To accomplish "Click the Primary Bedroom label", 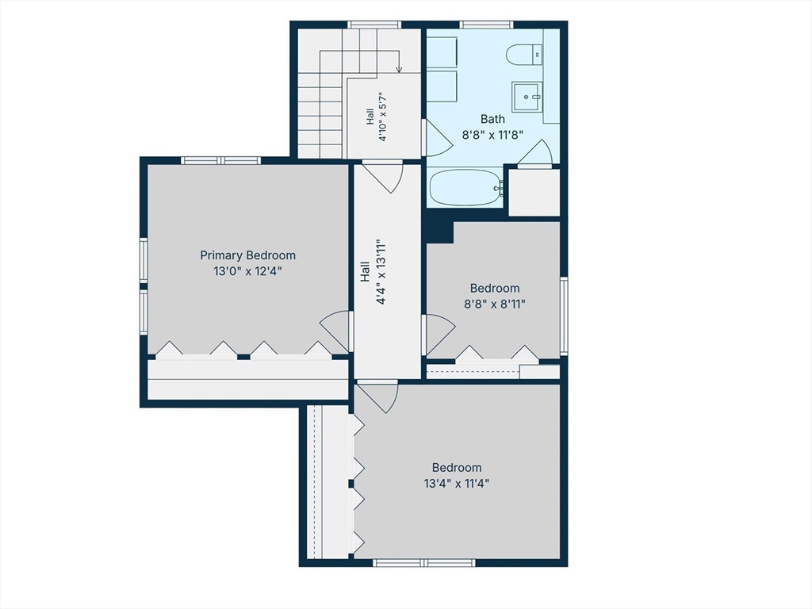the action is (x=247, y=255).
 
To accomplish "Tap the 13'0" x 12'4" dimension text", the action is (x=247, y=271).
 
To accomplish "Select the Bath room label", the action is (x=492, y=119).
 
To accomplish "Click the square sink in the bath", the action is (x=527, y=97).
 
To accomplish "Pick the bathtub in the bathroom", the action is (x=466, y=187).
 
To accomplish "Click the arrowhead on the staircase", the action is (x=399, y=70).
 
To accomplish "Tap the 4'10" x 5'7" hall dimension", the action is (x=382, y=117).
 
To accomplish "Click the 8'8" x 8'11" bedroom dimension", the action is (x=495, y=304).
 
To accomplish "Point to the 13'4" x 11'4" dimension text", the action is (x=456, y=484).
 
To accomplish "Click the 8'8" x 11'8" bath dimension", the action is (x=492, y=135).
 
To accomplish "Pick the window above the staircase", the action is (x=374, y=25).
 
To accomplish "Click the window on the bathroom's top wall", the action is (x=486, y=25).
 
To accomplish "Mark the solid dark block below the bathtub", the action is (x=438, y=227).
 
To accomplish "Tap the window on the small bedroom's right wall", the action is (x=564, y=316).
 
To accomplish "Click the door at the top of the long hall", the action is (x=383, y=177).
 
